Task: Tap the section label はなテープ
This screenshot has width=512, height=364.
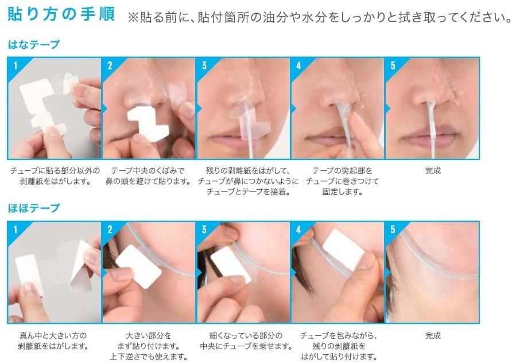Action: coord(34,44)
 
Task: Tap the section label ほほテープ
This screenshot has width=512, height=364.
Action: coord(34,208)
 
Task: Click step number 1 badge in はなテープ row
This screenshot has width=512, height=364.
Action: coord(15,65)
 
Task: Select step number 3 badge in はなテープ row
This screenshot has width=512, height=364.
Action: coord(204,65)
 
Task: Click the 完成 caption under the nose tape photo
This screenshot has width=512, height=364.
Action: coord(433,171)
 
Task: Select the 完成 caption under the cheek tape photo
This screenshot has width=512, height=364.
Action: coord(433,335)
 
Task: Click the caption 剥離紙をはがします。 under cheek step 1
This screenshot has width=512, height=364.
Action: coord(53,346)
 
